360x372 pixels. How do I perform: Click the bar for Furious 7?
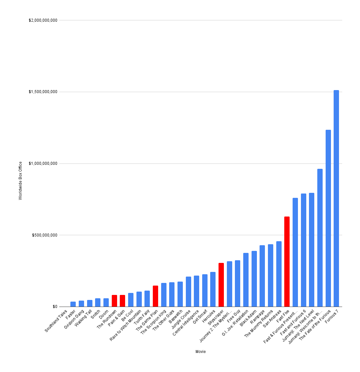(336, 198)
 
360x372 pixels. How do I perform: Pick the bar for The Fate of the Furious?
(328, 218)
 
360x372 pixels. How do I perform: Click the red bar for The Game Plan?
(155, 296)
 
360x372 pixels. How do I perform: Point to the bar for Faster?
(73, 304)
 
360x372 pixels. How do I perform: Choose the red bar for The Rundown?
(114, 301)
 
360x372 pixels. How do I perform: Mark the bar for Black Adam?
(254, 279)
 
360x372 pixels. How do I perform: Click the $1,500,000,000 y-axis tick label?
(43, 92)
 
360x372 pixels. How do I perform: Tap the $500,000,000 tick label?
(45, 235)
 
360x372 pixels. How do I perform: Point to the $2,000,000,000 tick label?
(43, 20)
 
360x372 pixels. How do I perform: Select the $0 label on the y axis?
(54, 307)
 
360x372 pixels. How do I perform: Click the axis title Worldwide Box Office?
(20, 180)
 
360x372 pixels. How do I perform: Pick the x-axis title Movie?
(201, 352)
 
